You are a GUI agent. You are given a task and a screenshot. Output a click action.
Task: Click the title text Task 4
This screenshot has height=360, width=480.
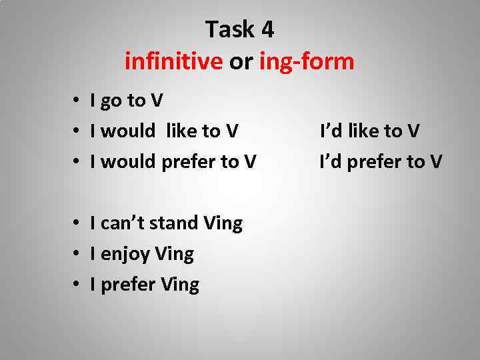coord(239,29)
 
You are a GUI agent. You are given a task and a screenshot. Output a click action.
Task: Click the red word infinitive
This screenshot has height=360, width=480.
coord(173,62)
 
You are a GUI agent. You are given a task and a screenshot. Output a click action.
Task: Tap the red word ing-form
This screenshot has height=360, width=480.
coord(307,62)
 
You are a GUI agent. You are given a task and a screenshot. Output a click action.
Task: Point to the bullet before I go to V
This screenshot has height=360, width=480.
coord(78,101)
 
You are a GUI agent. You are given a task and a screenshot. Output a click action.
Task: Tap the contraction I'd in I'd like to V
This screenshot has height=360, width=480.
coord(332,131)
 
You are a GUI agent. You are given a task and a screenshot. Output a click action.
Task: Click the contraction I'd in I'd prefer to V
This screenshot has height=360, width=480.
coord(332,162)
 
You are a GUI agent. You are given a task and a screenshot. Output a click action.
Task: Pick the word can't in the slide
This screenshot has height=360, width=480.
coord(122,223)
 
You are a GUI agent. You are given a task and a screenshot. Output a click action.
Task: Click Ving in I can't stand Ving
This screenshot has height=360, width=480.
coord(223,223)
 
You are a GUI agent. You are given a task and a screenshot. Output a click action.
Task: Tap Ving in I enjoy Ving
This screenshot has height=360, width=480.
coord(174,255)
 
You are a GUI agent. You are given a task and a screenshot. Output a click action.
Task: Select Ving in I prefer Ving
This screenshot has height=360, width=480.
coord(179,285)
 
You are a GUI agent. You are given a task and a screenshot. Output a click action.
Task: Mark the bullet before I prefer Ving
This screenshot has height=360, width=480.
coord(78,285)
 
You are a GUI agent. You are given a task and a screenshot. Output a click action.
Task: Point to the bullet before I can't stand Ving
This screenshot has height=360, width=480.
coord(78,223)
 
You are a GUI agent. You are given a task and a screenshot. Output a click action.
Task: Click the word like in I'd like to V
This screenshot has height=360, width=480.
coord(365,131)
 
